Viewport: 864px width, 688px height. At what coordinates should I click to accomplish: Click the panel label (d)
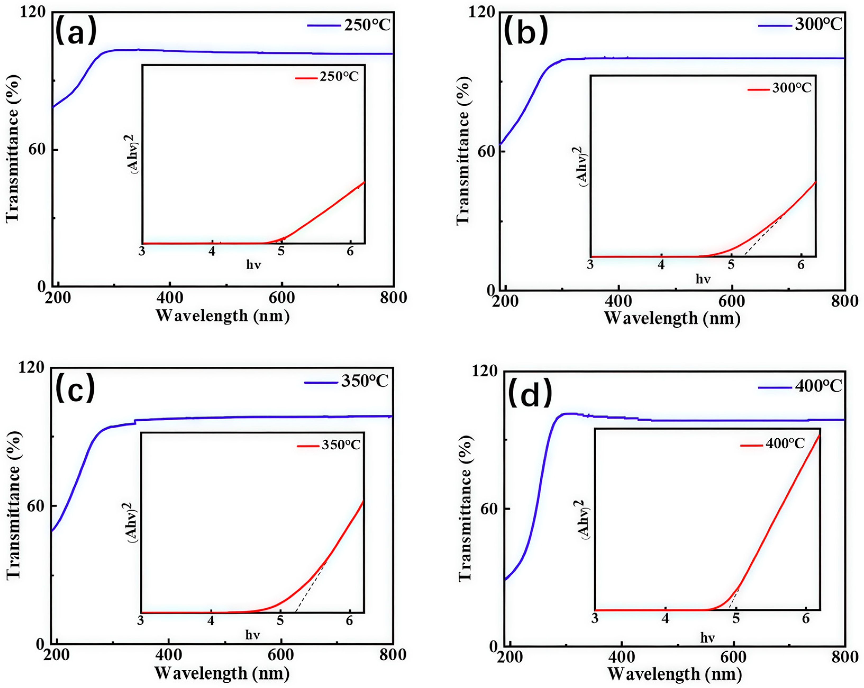(530, 394)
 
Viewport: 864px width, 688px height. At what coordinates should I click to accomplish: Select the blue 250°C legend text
(367, 25)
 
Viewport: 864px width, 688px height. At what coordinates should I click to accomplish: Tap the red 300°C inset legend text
(792, 88)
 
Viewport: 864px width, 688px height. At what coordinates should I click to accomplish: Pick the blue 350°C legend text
(365, 382)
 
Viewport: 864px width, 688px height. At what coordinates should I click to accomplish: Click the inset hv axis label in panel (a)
(253, 264)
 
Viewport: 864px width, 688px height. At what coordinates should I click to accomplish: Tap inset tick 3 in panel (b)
(590, 265)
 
